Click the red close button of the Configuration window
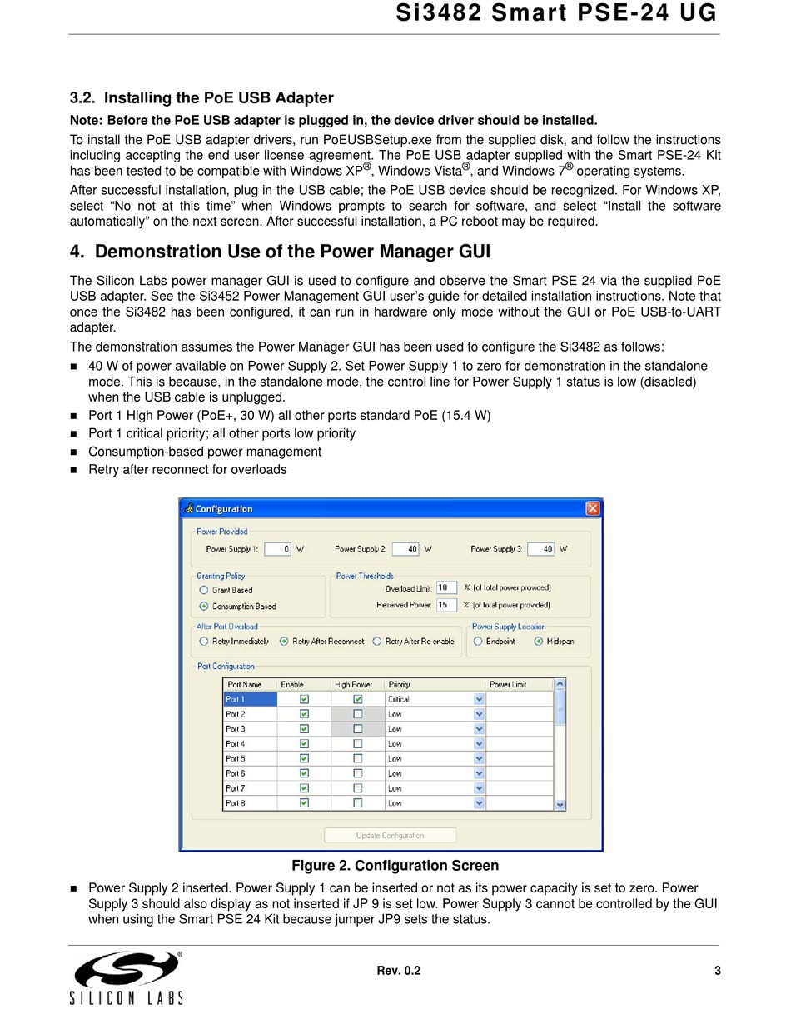coord(592,508)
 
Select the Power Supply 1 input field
coord(277,549)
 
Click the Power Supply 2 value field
coord(405,549)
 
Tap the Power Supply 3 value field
coord(540,549)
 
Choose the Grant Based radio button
coord(204,590)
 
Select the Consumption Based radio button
coord(204,607)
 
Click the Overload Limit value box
coord(446,588)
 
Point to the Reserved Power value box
coord(446,605)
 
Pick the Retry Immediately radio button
coord(204,642)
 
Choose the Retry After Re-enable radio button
coord(377,642)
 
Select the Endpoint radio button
coord(478,642)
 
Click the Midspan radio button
coord(539,642)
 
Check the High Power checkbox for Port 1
coord(358,699)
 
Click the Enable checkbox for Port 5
coord(304,758)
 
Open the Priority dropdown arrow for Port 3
coord(479,729)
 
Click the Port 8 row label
coord(236,803)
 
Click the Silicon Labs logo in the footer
coord(127,977)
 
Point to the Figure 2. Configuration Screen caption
coord(395,866)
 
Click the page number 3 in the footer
coord(717,971)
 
